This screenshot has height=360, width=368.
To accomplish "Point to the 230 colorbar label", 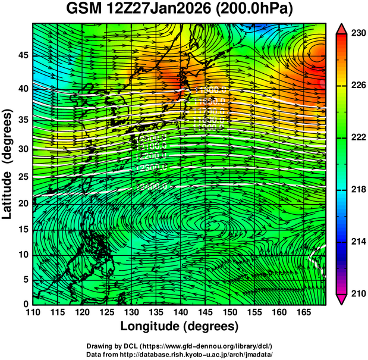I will click(x=358, y=34).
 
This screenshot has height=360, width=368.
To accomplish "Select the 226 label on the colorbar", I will click(x=358, y=86).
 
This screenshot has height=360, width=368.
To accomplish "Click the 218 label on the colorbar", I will click(x=358, y=190).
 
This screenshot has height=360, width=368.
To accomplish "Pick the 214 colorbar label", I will click(x=358, y=242).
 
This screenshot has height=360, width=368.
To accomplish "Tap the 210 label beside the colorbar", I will click(x=358, y=293).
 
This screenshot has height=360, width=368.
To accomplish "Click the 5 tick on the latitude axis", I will click(x=24, y=278).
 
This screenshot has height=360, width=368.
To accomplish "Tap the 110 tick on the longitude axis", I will click(x=33, y=311).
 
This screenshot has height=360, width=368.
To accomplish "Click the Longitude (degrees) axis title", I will click(x=180, y=326).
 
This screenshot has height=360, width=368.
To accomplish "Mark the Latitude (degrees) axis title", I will click(x=8, y=164).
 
